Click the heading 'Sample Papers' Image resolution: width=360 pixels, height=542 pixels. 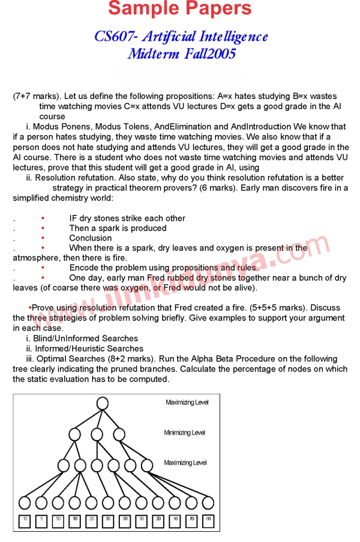[180, 9]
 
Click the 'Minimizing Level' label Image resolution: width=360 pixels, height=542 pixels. [184, 433]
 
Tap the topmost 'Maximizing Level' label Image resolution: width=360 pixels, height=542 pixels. [187, 403]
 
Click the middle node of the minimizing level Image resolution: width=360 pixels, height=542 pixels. [97, 433]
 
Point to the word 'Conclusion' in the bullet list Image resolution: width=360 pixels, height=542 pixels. [91, 238]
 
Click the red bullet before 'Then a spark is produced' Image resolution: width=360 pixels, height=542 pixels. [43, 228]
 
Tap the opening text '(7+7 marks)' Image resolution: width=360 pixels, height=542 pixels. [37, 96]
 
